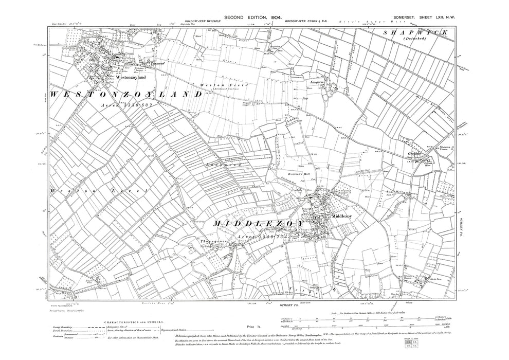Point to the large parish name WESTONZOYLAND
[x=126, y=94]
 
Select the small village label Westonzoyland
[x=132, y=77]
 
